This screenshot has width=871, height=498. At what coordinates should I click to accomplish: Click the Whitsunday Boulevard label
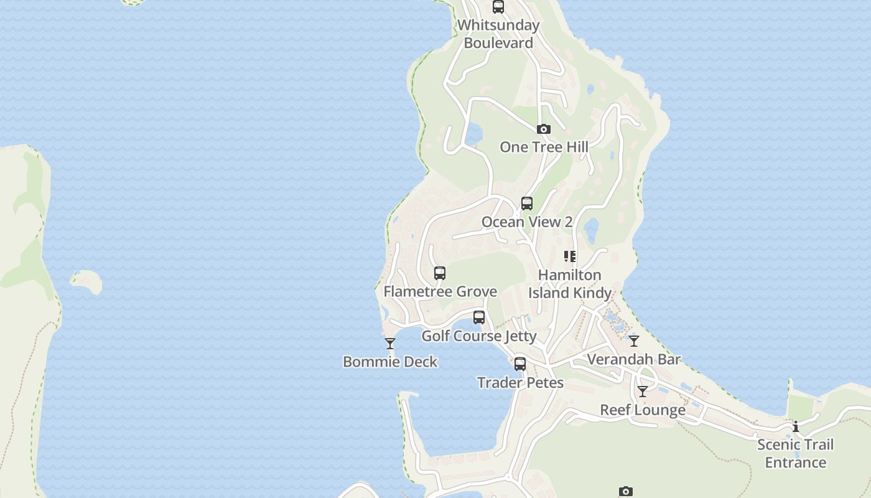coord(498,34)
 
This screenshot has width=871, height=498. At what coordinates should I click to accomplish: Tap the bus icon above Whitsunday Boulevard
coord(498,7)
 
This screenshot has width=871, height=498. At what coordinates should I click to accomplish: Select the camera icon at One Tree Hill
coord(544,129)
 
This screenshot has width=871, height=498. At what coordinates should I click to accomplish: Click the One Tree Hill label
coord(544,147)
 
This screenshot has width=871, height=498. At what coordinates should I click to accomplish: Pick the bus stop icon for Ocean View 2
coord(527,204)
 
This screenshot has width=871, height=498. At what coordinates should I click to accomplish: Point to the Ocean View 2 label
coord(527,222)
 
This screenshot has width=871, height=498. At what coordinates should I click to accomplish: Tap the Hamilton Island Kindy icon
coord(570,256)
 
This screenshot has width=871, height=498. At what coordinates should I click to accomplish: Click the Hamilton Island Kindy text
coord(570,284)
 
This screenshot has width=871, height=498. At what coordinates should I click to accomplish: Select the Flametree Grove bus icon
coord(440,273)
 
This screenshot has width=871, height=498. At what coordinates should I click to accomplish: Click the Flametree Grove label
coord(440,291)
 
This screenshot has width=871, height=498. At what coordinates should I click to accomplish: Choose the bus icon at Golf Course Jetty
coord(479,317)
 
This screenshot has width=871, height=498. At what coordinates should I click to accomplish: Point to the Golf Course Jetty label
coord(479,336)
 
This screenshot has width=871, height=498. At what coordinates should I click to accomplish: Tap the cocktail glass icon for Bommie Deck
coord(390,344)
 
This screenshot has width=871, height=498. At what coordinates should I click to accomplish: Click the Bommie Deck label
coord(390,362)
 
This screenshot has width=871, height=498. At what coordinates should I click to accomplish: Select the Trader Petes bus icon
coord(520,364)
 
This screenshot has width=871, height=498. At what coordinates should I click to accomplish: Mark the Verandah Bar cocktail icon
coord(634,341)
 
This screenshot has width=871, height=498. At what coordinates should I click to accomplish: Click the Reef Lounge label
coord(643,410)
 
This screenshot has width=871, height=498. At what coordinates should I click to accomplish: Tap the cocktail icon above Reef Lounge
coord(643,392)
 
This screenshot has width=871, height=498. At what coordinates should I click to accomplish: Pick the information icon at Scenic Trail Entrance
coord(796,426)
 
